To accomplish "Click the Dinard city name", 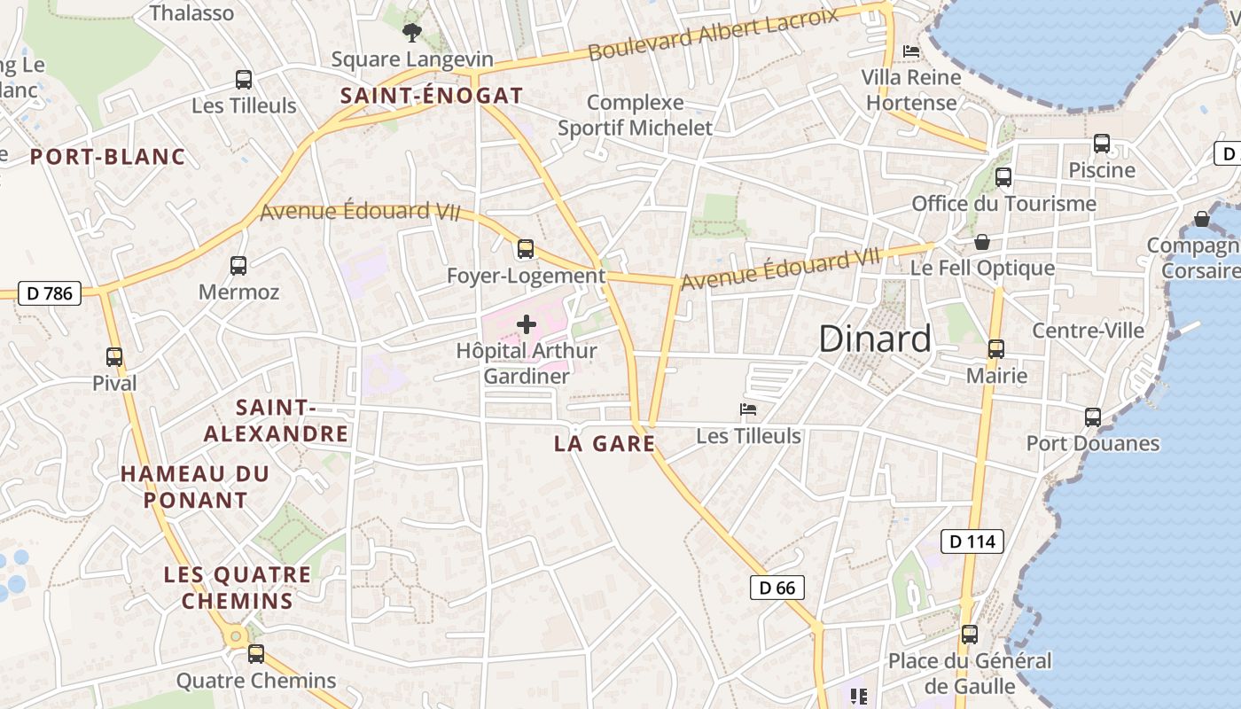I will coord(875,339).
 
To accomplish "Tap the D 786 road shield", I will coord(50,292).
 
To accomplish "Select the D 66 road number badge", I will coord(777,587).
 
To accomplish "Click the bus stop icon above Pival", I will coord(114,357).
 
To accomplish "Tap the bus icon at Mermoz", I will coord(238,265).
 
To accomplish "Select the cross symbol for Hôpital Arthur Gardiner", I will coord(526,324).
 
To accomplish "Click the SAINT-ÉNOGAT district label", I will coord(432,96).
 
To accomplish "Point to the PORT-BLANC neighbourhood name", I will coord(108,157).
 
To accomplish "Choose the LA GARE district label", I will coord(605,443).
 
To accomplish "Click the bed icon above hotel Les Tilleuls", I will coord(748,409).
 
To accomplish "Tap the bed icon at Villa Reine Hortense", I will coord(910,51).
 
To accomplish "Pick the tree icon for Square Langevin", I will coord(411,33).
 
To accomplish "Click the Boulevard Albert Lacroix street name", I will coord(714,33).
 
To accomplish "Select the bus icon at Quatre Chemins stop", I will coord(255,654).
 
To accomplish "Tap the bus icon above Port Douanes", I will coord(1092,417).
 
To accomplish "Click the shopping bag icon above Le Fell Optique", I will coord(982,242).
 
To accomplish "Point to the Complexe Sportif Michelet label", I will coord(635,115).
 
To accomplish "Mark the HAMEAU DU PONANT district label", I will coord(195,487).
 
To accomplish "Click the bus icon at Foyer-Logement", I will coord(526,249).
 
